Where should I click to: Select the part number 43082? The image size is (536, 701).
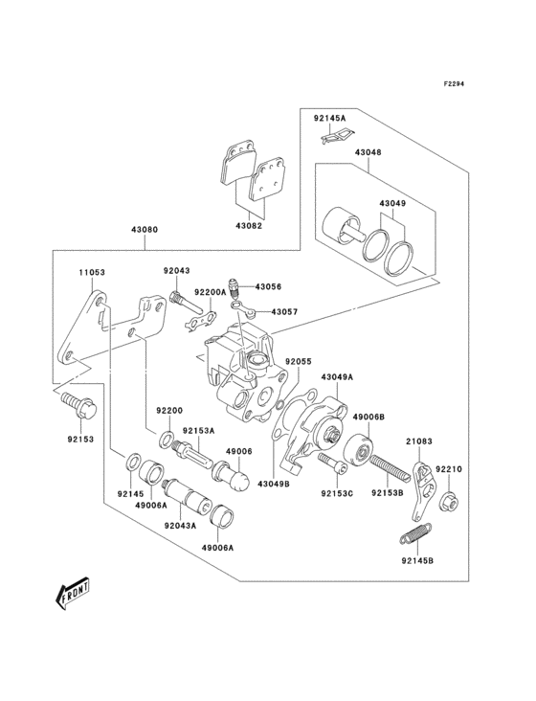click(x=248, y=226)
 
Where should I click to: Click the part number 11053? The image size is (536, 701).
click(x=92, y=273)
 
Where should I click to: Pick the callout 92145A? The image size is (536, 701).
click(x=329, y=118)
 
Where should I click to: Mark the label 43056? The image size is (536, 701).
click(x=268, y=286)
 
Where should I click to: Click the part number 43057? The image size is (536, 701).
click(x=285, y=312)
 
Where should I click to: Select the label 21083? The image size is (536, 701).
click(x=419, y=441)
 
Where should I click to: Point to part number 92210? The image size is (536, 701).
click(x=449, y=470)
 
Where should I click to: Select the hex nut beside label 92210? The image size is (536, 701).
click(x=449, y=499)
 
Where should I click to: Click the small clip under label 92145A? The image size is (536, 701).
click(x=330, y=137)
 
